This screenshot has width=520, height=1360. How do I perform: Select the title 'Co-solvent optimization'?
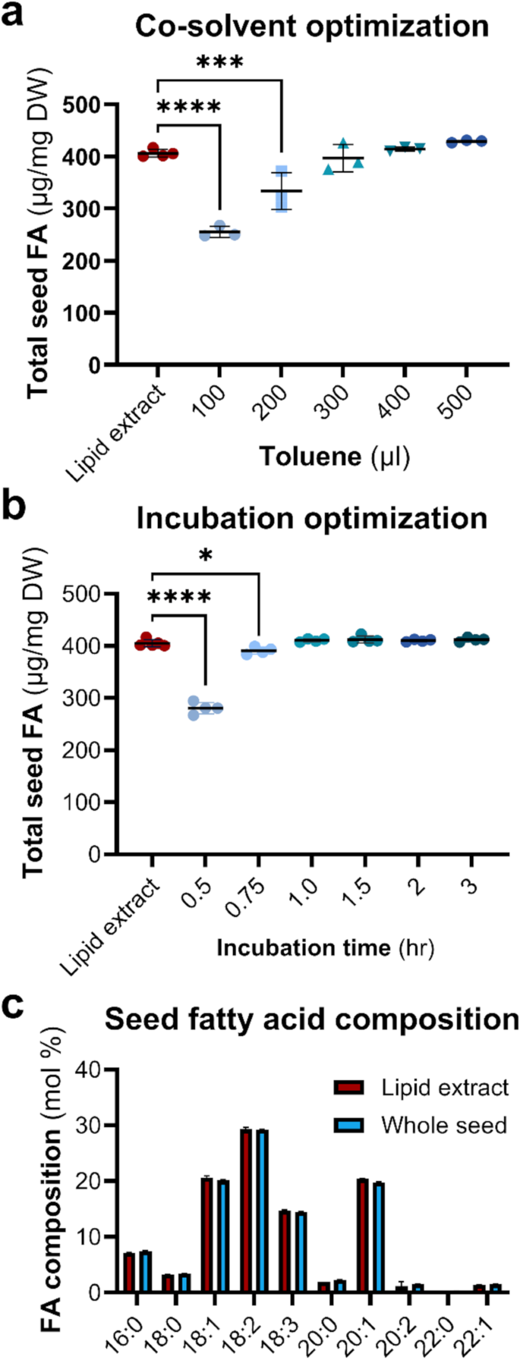(x=312, y=27)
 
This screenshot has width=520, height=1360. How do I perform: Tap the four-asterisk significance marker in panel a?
(x=189, y=107)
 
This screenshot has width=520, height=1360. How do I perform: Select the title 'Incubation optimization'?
(x=312, y=518)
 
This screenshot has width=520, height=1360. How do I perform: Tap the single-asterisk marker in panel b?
(x=205, y=556)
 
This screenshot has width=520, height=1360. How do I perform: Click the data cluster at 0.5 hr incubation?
(x=205, y=708)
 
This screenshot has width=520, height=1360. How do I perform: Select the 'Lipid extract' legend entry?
(x=421, y=1088)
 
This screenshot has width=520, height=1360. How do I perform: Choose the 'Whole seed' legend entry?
(x=421, y=1124)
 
